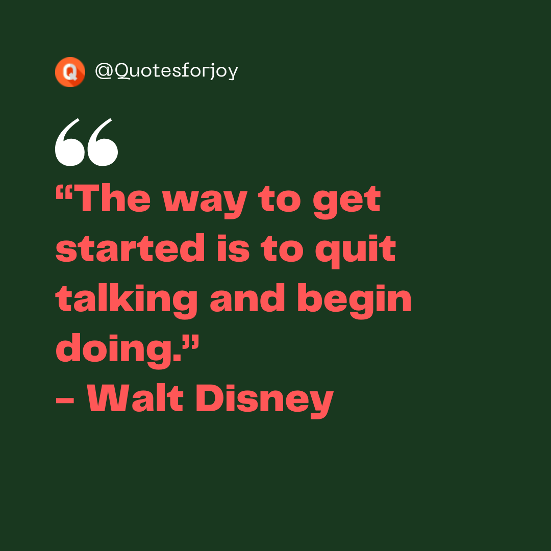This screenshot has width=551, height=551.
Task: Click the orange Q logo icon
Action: pos(70,72)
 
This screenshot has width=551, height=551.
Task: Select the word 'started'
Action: pos(130,249)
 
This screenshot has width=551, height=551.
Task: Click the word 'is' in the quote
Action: pos(233,249)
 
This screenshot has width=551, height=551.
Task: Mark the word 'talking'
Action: pos(127,300)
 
